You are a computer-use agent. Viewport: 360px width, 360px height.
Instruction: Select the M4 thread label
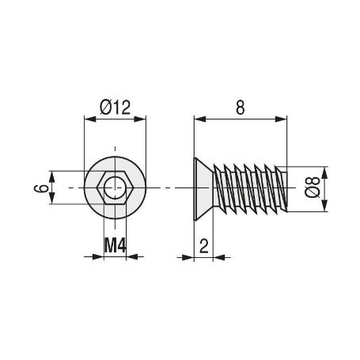pyautogui.click(x=116, y=246)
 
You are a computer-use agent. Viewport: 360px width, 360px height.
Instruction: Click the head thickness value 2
pyautogui.click(x=203, y=246)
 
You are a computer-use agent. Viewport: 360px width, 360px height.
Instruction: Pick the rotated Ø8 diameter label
pyautogui.click(x=311, y=190)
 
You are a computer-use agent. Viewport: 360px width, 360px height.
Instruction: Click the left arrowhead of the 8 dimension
pyautogui.click(x=199, y=120)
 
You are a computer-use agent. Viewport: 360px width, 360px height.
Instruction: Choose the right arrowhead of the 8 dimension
pyautogui.click(x=281, y=120)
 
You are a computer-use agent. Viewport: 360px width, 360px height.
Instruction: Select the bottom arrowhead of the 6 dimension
pyautogui.click(x=53, y=203)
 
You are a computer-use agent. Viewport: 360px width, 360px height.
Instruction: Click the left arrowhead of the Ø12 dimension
pyautogui.click(x=89, y=120)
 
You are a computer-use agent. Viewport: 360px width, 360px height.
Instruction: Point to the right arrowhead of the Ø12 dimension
pyautogui.click(x=142, y=120)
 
